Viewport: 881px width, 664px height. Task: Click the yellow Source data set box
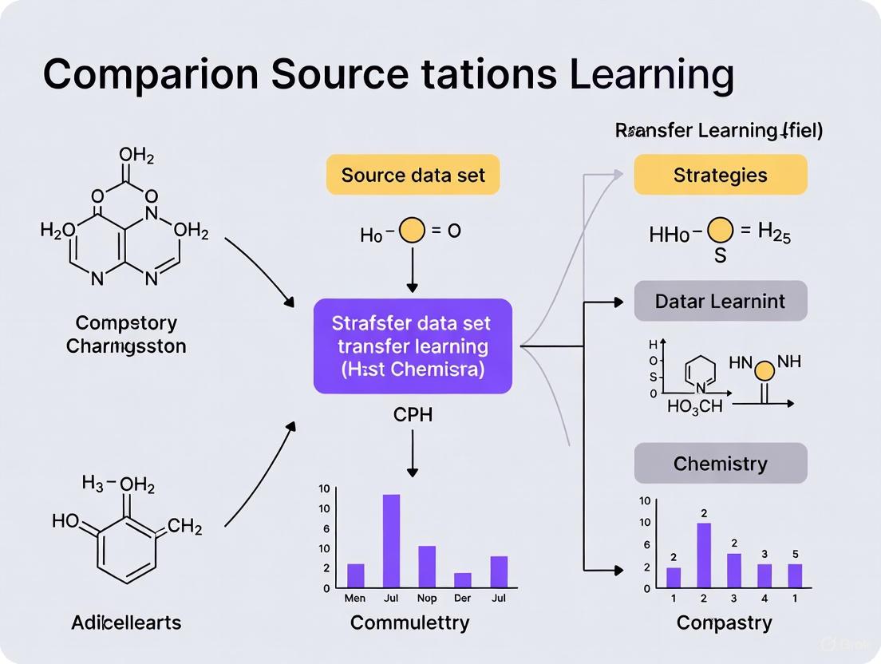point(413,175)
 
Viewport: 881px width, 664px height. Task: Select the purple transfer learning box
point(413,346)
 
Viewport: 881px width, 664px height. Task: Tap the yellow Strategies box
point(720,175)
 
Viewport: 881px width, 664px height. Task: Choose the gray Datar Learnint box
point(720,302)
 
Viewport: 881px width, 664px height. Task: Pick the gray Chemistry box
point(720,464)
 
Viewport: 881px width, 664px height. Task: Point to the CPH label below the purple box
point(413,414)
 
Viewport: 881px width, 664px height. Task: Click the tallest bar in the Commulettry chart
point(391,540)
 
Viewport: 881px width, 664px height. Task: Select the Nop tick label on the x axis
point(427,598)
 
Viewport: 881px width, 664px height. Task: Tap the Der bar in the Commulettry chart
point(463,579)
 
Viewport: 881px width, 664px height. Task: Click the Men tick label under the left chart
point(355,598)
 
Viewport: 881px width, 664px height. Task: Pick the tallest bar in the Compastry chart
point(704,555)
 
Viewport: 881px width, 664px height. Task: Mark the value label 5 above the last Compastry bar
point(795,554)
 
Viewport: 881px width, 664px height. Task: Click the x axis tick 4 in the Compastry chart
point(764,598)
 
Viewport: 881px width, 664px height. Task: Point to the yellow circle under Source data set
point(412,231)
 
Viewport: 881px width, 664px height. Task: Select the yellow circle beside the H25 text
point(720,232)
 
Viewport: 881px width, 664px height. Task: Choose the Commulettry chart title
point(410,622)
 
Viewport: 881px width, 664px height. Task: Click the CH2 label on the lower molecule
point(185,527)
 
